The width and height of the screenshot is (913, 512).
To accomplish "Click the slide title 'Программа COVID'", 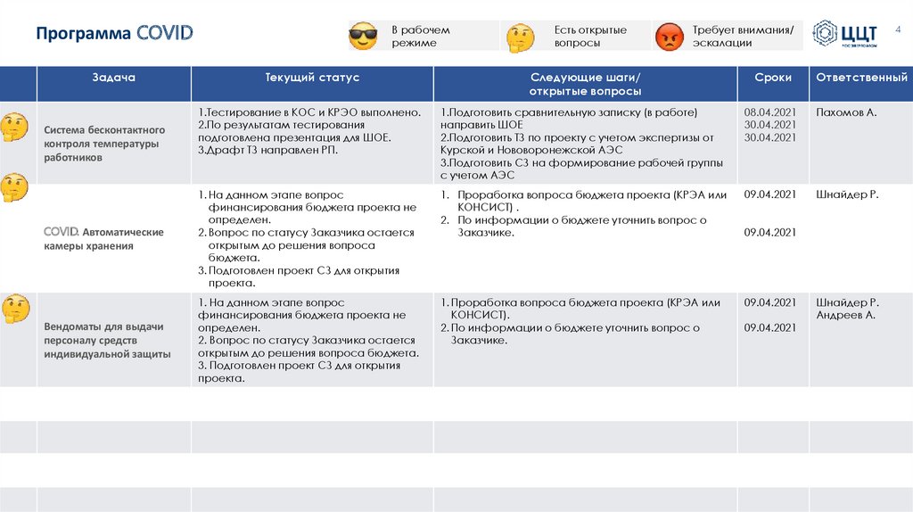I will tap(114, 35).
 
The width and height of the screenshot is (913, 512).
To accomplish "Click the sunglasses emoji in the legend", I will tap(363, 37).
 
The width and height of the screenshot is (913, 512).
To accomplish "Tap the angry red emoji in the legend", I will tap(669, 37).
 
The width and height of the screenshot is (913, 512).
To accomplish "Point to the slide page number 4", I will tap(898, 29).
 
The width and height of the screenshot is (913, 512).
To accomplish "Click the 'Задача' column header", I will tap(113, 78).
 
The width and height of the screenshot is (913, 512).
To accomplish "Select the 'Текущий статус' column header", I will tap(312, 78).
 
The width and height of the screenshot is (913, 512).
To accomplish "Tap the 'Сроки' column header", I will tap(772, 78).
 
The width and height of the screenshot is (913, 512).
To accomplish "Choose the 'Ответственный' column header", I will tap(861, 78).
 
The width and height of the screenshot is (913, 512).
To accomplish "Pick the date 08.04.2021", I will tap(769, 112).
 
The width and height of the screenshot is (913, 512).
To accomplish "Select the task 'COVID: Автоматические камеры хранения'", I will tap(103, 239).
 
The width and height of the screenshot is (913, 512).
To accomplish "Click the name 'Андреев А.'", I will tap(845, 315).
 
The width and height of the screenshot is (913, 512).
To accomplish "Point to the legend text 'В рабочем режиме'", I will tap(420, 37).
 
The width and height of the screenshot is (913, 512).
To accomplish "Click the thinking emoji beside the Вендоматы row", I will tap(15, 308).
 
